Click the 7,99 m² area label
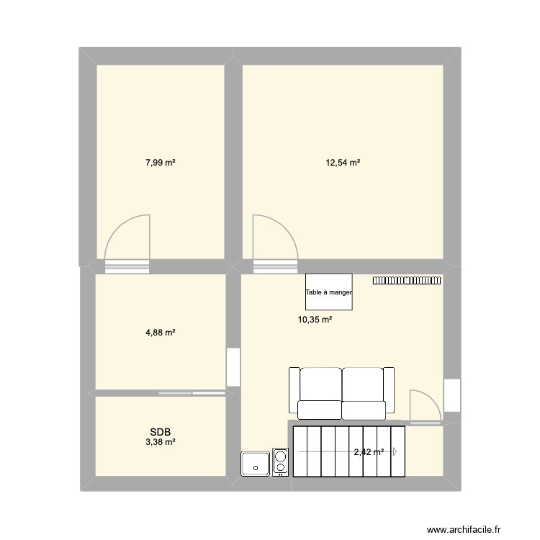tap(161, 163)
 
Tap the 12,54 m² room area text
tap(343, 163)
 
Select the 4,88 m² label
tap(161, 333)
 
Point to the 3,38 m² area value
tap(161, 442)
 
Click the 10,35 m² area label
tap(315, 320)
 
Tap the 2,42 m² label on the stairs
tap(367, 452)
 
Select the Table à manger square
tap(329, 292)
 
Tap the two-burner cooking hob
tap(281, 462)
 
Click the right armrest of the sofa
tap(390, 390)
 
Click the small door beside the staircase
tap(425, 407)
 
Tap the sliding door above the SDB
tap(192, 393)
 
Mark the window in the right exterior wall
tap(451, 395)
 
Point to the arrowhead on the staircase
tap(395, 451)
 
